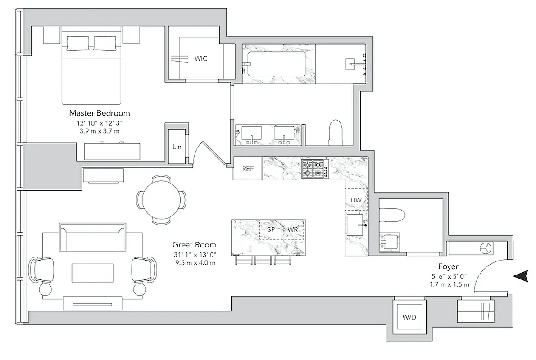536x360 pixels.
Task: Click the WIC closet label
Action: [201, 58]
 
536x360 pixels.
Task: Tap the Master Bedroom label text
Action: [100, 113]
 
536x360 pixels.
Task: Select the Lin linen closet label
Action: [177, 147]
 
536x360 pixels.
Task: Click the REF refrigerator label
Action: [247, 169]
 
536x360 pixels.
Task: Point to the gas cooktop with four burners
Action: [313, 168]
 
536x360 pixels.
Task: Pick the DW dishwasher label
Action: [356, 200]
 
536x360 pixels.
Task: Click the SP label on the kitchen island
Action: [271, 229]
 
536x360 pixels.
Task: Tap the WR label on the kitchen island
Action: [293, 229]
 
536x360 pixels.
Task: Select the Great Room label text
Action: [194, 245]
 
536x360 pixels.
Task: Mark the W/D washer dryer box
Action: [409, 317]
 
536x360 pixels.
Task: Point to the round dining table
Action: [161, 199]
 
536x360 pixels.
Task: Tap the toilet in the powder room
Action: [392, 214]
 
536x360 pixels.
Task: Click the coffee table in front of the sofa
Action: [92, 273]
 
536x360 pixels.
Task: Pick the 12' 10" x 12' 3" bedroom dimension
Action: [99, 122]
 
